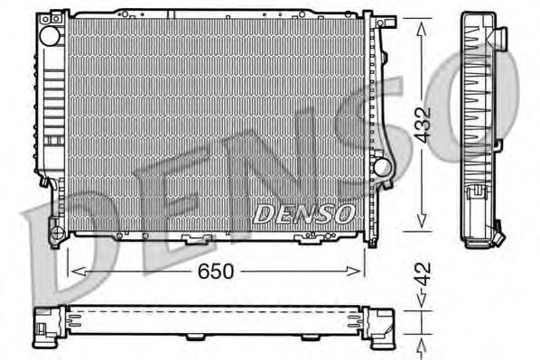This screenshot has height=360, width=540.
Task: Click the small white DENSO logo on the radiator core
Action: pyautogui.click(x=303, y=213)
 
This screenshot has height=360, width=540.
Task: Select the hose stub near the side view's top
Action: pyautogui.click(x=499, y=37)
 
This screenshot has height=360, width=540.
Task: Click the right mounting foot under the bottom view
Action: pyautogui.click(x=309, y=337)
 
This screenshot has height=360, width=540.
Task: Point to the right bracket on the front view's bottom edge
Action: pyautogui.click(x=309, y=239)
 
